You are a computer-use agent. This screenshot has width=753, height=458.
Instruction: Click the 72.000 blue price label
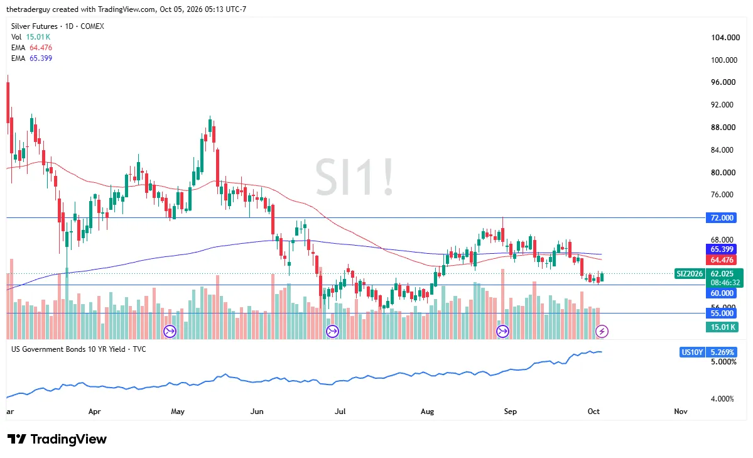point(722,218)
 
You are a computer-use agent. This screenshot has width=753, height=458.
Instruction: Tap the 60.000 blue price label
point(722,293)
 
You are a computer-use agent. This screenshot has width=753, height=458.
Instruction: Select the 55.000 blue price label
point(722,314)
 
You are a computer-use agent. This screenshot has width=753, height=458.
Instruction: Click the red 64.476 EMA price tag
point(722,260)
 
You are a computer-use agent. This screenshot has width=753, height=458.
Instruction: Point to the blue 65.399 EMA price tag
point(722,249)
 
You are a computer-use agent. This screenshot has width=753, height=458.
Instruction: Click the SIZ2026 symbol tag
point(690,274)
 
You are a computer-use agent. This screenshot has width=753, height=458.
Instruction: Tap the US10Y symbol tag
point(692,352)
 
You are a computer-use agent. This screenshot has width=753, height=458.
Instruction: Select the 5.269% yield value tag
point(722,352)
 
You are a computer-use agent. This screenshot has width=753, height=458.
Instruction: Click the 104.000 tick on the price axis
point(725,38)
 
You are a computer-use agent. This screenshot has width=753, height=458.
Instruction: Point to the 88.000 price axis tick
point(723,128)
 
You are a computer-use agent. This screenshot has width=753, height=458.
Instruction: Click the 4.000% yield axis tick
point(722,399)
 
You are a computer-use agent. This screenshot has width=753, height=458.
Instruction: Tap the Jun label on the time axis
point(257,412)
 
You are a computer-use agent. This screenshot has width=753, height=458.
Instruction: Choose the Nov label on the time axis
point(681,412)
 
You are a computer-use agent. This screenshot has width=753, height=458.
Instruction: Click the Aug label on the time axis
point(428,412)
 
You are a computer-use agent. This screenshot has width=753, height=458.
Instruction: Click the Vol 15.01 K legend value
point(38,37)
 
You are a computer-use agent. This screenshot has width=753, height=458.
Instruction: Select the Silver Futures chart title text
point(35,26)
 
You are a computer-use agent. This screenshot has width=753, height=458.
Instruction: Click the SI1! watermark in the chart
point(354,177)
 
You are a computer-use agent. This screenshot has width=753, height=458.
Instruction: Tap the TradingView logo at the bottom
point(57,439)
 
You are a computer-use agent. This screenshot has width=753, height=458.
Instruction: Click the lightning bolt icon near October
point(602,331)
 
